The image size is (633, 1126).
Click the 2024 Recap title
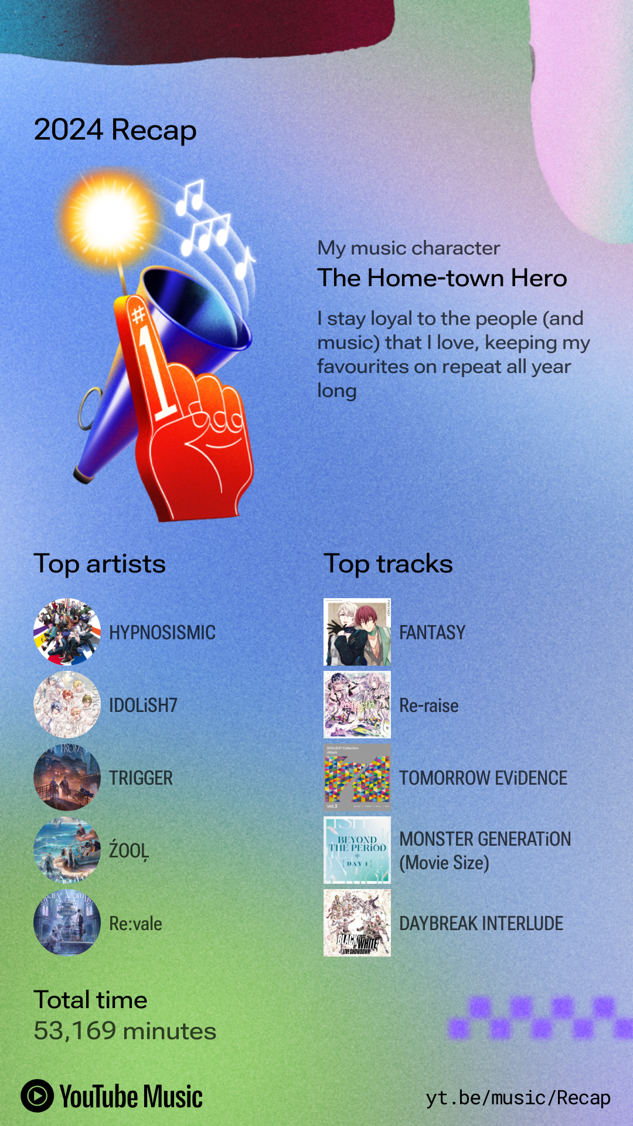pyautogui.click(x=115, y=130)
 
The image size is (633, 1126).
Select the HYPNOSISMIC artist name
pyautogui.click(x=162, y=632)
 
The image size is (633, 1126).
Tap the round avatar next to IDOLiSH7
pyautogui.click(x=67, y=705)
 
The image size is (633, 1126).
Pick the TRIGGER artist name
pyautogui.click(x=141, y=778)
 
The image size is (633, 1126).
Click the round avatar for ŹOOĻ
pyautogui.click(x=67, y=850)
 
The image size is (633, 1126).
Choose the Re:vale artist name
pyautogui.click(x=135, y=923)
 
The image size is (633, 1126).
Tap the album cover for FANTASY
pyautogui.click(x=357, y=632)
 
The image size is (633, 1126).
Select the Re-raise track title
pyautogui.click(x=429, y=705)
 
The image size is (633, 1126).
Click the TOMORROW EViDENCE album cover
pyautogui.click(x=357, y=778)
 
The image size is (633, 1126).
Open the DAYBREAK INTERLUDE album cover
pyautogui.click(x=357, y=923)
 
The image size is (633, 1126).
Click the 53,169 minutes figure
pyautogui.click(x=125, y=1031)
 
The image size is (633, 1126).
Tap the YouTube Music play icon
pyautogui.click(x=38, y=1096)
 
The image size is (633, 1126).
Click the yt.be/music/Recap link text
pyautogui.click(x=518, y=1097)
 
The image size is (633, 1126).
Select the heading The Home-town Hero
pyautogui.click(x=442, y=278)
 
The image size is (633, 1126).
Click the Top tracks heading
pyautogui.click(x=388, y=564)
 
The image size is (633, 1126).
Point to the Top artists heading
pyautogui.click(x=100, y=564)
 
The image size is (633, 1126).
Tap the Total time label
pyautogui.click(x=90, y=1000)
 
